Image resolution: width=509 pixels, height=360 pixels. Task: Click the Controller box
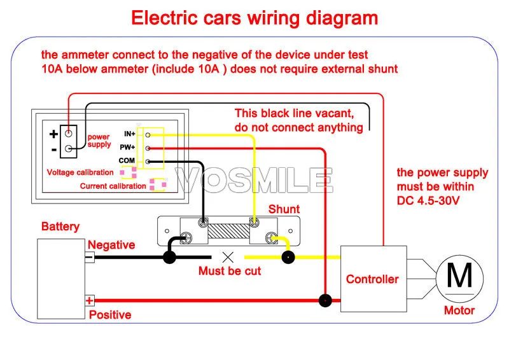(373, 279)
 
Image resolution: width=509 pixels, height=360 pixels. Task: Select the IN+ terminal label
(130, 134)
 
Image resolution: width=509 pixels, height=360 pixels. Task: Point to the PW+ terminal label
(127, 148)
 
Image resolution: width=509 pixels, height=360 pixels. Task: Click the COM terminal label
(127, 160)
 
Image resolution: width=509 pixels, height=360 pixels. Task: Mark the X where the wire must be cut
(228, 258)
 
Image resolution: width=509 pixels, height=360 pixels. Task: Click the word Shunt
(284, 209)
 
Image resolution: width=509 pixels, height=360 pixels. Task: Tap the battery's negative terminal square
(90, 257)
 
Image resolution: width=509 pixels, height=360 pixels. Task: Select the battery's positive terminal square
(90, 301)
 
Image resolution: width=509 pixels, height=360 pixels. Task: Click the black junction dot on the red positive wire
(325, 301)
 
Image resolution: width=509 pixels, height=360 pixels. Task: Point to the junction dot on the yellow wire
(288, 258)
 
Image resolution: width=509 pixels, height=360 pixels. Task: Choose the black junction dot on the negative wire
(169, 257)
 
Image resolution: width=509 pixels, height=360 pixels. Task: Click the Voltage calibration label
(80, 172)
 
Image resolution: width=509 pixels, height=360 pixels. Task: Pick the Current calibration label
(113, 186)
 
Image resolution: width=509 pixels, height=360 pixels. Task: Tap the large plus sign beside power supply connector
(53, 134)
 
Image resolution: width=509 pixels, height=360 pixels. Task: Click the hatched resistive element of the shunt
(228, 231)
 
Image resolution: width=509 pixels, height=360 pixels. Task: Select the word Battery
(60, 226)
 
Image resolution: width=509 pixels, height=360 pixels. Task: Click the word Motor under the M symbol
(459, 310)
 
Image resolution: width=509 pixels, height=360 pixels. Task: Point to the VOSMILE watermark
(254, 180)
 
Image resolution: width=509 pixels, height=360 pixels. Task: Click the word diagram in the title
(342, 18)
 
